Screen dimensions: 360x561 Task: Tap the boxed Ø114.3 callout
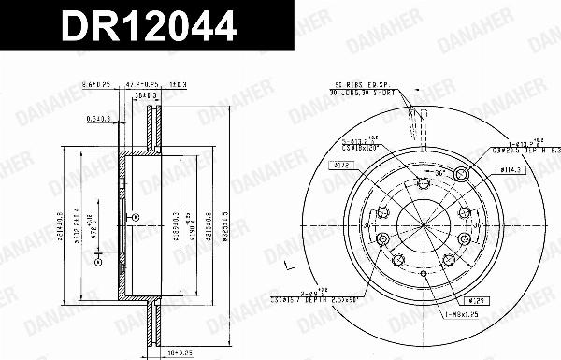point(510,168)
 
